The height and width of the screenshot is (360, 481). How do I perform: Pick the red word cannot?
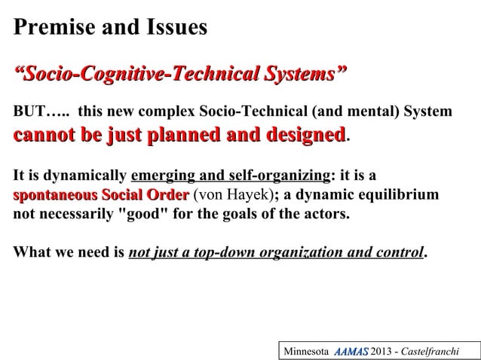[x=42, y=136]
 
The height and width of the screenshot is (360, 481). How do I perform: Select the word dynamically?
[x=84, y=176]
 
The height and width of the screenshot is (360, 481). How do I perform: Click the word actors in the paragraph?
[x=327, y=214]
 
